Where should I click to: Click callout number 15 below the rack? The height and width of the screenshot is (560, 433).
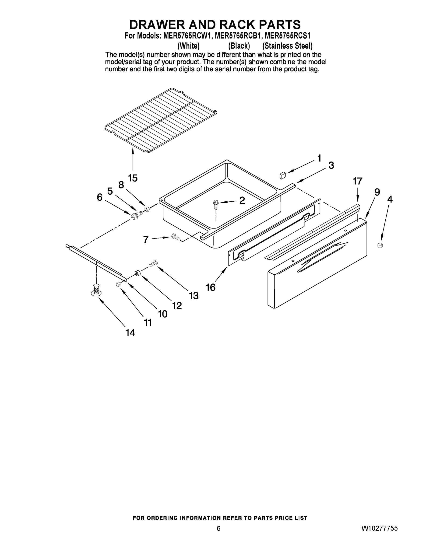[x=133, y=178]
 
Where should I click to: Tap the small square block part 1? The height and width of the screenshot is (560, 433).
[x=282, y=176]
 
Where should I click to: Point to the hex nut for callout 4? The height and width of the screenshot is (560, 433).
[x=380, y=245]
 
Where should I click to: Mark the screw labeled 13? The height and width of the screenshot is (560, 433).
[x=153, y=263]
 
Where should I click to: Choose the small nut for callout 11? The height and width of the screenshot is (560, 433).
[x=118, y=283]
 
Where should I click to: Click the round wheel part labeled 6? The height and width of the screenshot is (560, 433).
[x=134, y=216]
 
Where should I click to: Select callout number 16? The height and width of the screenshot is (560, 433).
[x=211, y=287]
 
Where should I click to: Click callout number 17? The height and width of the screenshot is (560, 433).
[x=357, y=181]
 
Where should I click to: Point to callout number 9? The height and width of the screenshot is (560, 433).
[x=377, y=192]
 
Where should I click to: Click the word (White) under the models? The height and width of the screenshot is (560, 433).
[x=189, y=46]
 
